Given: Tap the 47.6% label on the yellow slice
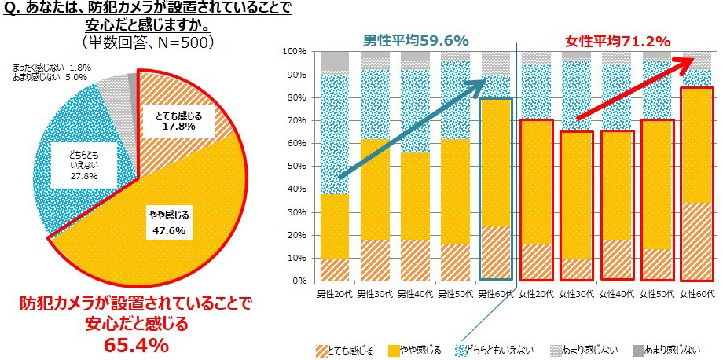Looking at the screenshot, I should click(x=169, y=230).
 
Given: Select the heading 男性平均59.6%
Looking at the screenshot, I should click(x=417, y=39).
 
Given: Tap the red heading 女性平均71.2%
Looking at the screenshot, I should click(x=617, y=39).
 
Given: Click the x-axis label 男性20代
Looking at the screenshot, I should click(x=335, y=294).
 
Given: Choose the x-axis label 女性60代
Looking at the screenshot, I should click(x=696, y=294).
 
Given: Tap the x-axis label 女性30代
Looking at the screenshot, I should click(x=576, y=294).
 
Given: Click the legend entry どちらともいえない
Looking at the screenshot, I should click(x=498, y=349).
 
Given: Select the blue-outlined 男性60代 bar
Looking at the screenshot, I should click(x=495, y=189).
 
